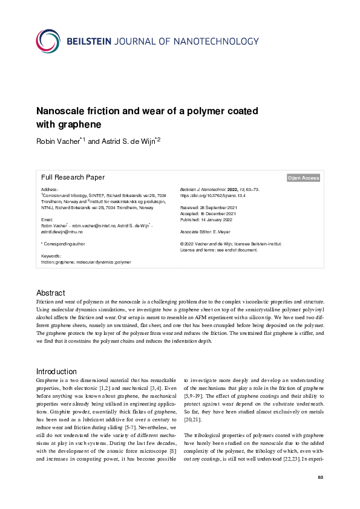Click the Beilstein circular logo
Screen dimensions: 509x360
[x=48, y=41]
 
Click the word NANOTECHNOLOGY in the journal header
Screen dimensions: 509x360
[x=216, y=41]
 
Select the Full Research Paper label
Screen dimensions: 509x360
[x=73, y=177]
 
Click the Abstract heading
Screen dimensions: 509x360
[x=50, y=293]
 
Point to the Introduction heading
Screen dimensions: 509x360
[x=56, y=371]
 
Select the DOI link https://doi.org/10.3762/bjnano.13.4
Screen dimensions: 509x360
[x=217, y=196]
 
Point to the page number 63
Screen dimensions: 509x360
[x=321, y=478]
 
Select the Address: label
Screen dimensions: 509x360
[x=50, y=190]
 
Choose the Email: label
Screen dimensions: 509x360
[x=47, y=219]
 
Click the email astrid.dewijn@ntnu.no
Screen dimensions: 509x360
[x=62, y=232]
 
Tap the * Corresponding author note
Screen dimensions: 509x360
[x=62, y=243]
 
